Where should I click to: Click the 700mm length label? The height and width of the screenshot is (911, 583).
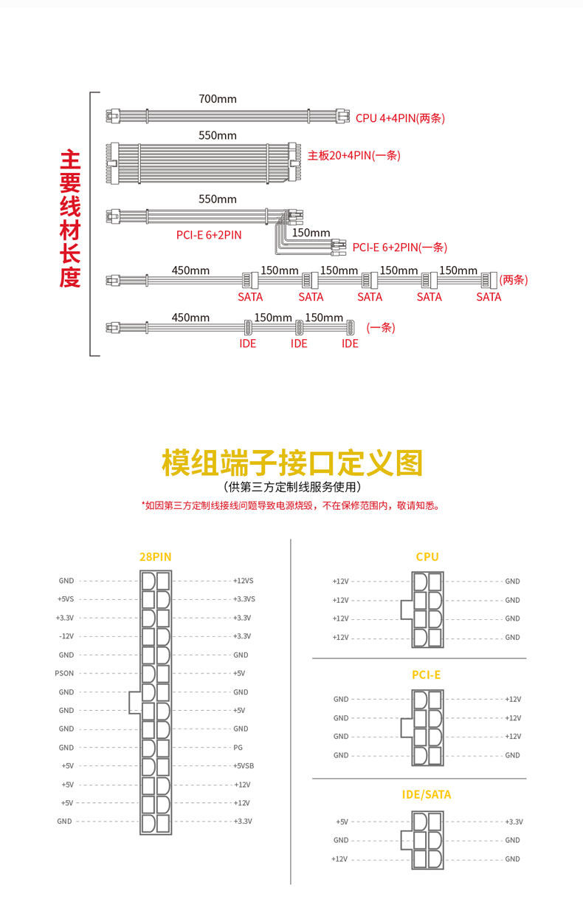pyautogui.click(x=217, y=98)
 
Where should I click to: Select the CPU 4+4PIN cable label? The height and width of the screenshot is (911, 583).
pyautogui.click(x=400, y=117)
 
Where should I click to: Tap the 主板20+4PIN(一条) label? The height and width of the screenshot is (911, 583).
pyautogui.click(x=353, y=155)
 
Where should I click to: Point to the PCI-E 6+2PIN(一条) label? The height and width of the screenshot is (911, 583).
pyautogui.click(x=399, y=248)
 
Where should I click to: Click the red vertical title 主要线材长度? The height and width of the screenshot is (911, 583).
pyautogui.click(x=70, y=219)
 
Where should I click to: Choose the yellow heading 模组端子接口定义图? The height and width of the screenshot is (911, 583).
pyautogui.click(x=291, y=463)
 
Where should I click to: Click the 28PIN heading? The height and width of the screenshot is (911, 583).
pyautogui.click(x=155, y=557)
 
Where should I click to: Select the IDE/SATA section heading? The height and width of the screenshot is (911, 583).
pyautogui.click(x=426, y=795)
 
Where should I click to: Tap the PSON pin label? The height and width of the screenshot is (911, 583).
pyautogui.click(x=64, y=673)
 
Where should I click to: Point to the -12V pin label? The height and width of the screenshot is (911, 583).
pyautogui.click(x=66, y=636)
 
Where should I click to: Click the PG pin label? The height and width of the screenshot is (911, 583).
pyautogui.click(x=238, y=748)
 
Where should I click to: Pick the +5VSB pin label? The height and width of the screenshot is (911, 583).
pyautogui.click(x=244, y=766)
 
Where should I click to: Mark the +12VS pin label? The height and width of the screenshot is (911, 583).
pyautogui.click(x=243, y=581)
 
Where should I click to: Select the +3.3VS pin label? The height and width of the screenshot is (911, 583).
pyautogui.click(x=244, y=599)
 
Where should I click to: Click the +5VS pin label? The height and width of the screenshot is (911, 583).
pyautogui.click(x=65, y=599)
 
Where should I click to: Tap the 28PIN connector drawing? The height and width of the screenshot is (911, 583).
pyautogui.click(x=155, y=702)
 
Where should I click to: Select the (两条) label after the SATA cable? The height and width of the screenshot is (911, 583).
pyautogui.click(x=514, y=280)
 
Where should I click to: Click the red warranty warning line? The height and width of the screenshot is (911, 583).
pyautogui.click(x=290, y=506)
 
